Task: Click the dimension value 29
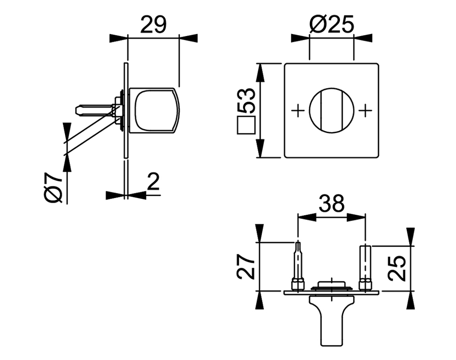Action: click(x=154, y=24)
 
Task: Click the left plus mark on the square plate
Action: click(x=298, y=109)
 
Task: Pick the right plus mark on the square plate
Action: click(x=365, y=109)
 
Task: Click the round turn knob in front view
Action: click(x=331, y=110)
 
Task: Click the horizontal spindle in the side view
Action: click(x=94, y=109)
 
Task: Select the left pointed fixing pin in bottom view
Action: click(x=298, y=264)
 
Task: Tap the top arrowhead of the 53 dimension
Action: click(x=260, y=72)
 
